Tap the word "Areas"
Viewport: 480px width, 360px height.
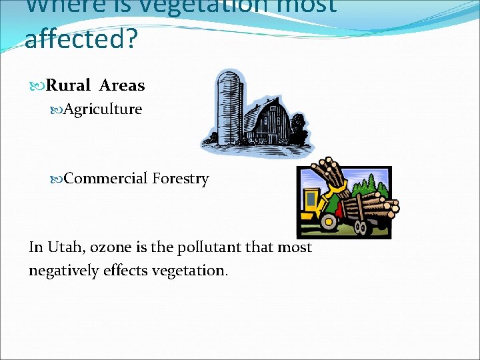coord(122,85)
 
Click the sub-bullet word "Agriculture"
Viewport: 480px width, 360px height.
coord(103,109)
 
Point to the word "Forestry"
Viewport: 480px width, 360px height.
coord(180,179)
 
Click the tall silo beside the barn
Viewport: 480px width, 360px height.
coord(230,107)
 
